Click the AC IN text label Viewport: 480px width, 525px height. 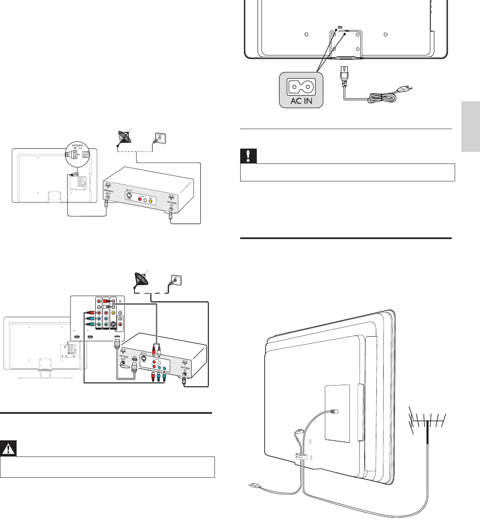pyautogui.click(x=301, y=100)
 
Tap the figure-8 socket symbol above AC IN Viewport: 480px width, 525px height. pyautogui.click(x=301, y=87)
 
